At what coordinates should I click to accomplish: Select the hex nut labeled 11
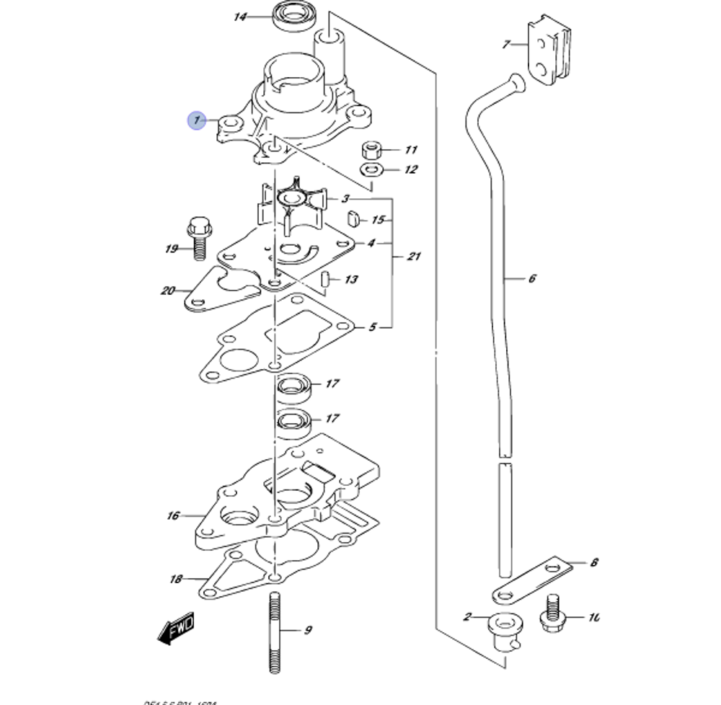point(372,150)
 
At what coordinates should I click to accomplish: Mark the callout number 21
point(414,257)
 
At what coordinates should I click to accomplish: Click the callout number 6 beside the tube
point(532,278)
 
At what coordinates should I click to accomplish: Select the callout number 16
point(173,515)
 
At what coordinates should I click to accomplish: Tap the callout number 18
point(176,578)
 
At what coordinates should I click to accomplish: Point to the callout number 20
point(168,291)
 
